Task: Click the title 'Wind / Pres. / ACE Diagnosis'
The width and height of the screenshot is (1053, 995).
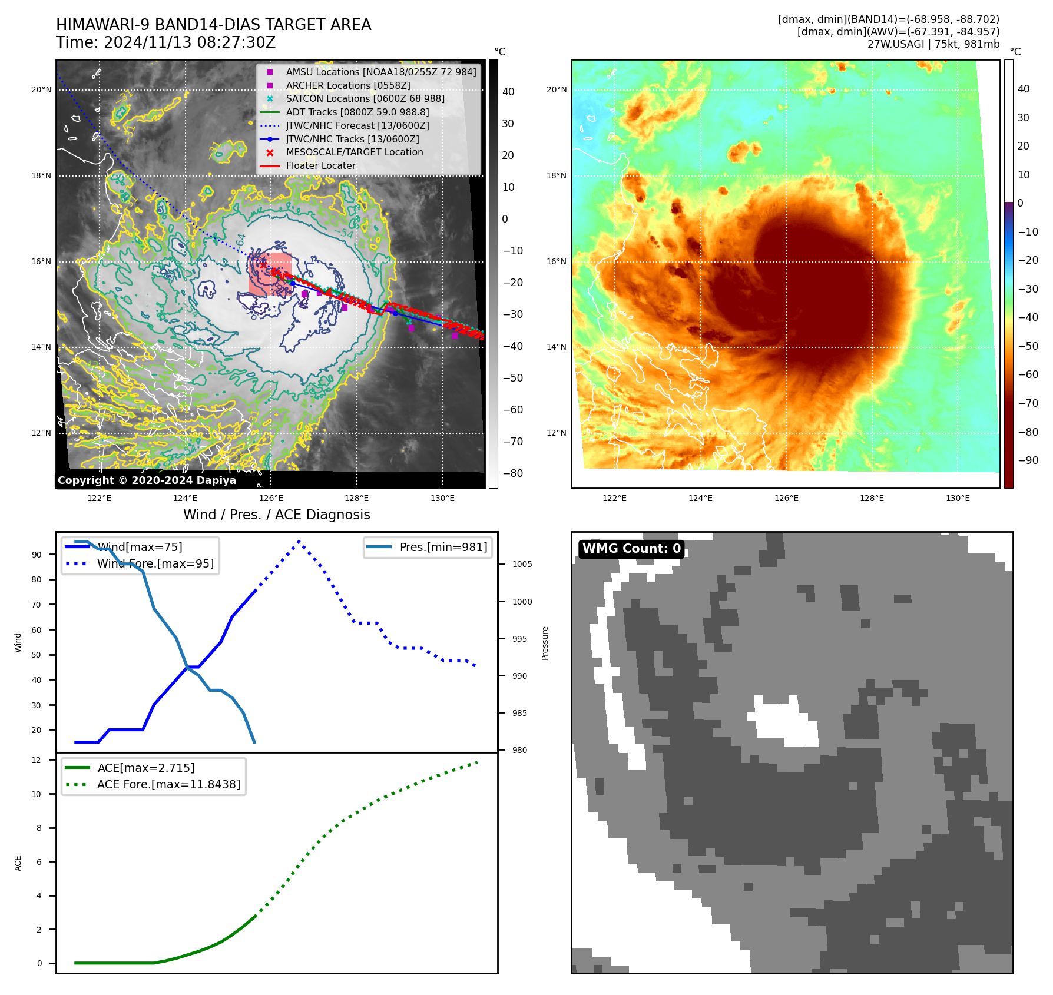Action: (276, 515)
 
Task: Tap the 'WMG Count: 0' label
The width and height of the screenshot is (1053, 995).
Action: (631, 549)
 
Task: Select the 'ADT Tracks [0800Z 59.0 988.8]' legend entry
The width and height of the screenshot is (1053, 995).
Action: (357, 112)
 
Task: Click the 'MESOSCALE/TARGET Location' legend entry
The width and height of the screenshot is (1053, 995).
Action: (354, 152)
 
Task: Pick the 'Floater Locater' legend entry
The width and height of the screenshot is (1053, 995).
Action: (320, 165)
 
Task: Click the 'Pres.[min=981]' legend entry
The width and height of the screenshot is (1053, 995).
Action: (443, 547)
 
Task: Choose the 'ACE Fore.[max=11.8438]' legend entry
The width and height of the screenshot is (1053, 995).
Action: (168, 784)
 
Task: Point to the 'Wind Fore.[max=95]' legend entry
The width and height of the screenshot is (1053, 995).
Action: (155, 563)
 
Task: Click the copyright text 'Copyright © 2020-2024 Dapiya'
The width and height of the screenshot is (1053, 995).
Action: (147, 480)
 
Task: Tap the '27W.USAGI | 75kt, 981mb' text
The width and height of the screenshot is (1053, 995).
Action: (933, 44)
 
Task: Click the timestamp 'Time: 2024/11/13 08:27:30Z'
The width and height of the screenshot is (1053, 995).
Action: (165, 42)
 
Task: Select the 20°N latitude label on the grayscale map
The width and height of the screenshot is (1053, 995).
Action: (41, 90)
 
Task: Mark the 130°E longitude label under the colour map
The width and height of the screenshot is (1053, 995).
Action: (958, 498)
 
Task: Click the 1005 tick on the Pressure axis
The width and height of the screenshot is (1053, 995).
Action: (522, 564)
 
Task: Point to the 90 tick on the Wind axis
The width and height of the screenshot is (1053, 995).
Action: (37, 555)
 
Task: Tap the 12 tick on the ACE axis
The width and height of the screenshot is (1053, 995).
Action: (37, 760)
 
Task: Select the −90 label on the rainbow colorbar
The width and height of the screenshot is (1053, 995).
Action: (1028, 460)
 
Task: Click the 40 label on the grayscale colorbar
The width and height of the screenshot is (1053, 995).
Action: (508, 92)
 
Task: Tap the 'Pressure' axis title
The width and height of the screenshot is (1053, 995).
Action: (545, 643)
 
